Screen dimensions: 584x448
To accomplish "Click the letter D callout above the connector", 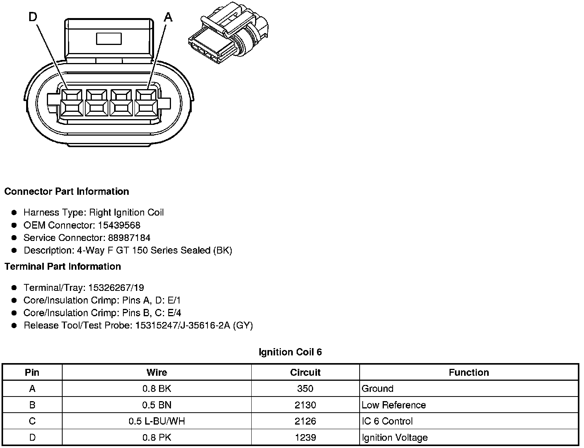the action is click(33, 17).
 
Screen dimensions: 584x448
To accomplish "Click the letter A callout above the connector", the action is click(168, 17).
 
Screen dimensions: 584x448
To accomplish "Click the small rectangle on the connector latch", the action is click(109, 38).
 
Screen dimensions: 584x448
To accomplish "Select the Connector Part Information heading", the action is click(66, 191).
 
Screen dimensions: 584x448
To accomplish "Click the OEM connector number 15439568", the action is click(119, 225).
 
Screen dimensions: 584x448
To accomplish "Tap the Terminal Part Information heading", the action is click(63, 266).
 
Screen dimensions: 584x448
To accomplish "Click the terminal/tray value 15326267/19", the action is click(116, 288).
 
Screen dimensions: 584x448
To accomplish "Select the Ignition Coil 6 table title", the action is click(290, 352).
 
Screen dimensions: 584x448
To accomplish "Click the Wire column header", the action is click(157, 372).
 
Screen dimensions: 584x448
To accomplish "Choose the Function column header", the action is click(469, 372).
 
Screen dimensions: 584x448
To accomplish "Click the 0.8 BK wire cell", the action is click(157, 388).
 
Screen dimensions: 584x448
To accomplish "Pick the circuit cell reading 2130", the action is click(305, 405).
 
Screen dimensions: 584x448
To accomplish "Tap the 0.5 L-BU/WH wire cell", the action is click(157, 421).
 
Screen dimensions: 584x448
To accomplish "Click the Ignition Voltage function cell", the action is click(395, 438).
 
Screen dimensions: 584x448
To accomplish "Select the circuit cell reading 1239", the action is click(305, 438).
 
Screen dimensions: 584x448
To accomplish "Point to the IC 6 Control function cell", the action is click(387, 421).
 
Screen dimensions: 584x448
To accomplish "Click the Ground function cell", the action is click(377, 388).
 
